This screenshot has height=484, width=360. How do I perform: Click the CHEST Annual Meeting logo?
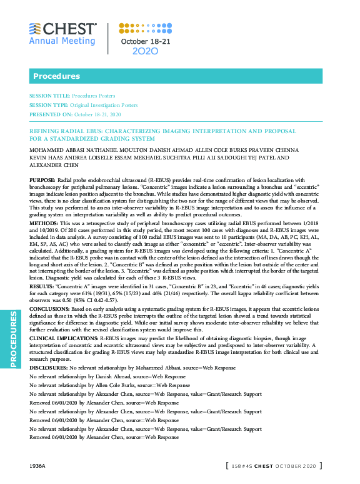click(62, 34)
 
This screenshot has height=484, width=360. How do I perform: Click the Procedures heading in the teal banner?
click(52, 76)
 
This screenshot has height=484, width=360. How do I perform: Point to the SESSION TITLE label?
click(49, 96)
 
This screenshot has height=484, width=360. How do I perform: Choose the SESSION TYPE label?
click(49, 105)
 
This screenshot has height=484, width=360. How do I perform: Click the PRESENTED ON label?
click(51, 114)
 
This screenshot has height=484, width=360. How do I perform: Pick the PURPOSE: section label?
click(42, 179)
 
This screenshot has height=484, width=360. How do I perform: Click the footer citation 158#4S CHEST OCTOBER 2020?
click(273, 466)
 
